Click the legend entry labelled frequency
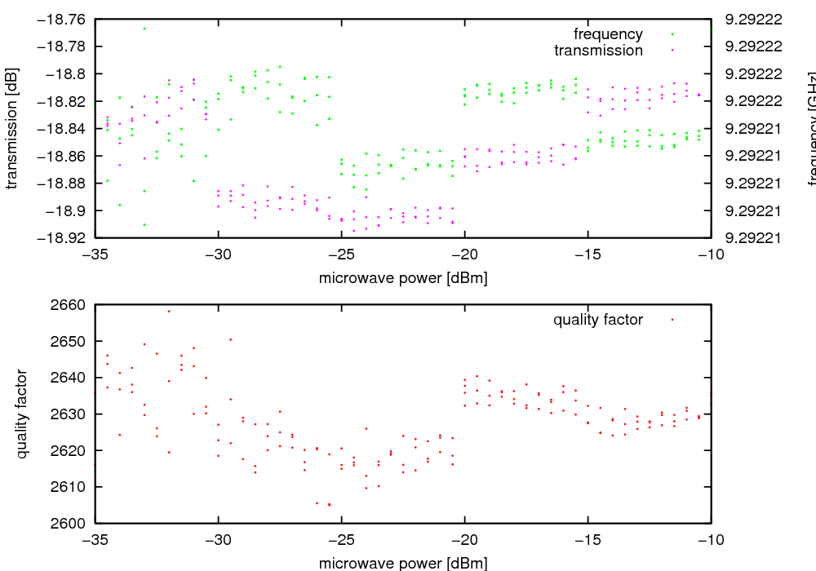608,34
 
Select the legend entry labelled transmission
598,51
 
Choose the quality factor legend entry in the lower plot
598,320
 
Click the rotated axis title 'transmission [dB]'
11,128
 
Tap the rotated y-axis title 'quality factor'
22,414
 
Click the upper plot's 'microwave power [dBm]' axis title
403,278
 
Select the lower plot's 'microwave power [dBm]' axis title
403,563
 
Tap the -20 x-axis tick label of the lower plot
465,539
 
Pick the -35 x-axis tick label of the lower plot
95,539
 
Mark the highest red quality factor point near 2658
169,311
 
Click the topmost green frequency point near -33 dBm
144,29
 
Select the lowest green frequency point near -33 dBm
144,224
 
